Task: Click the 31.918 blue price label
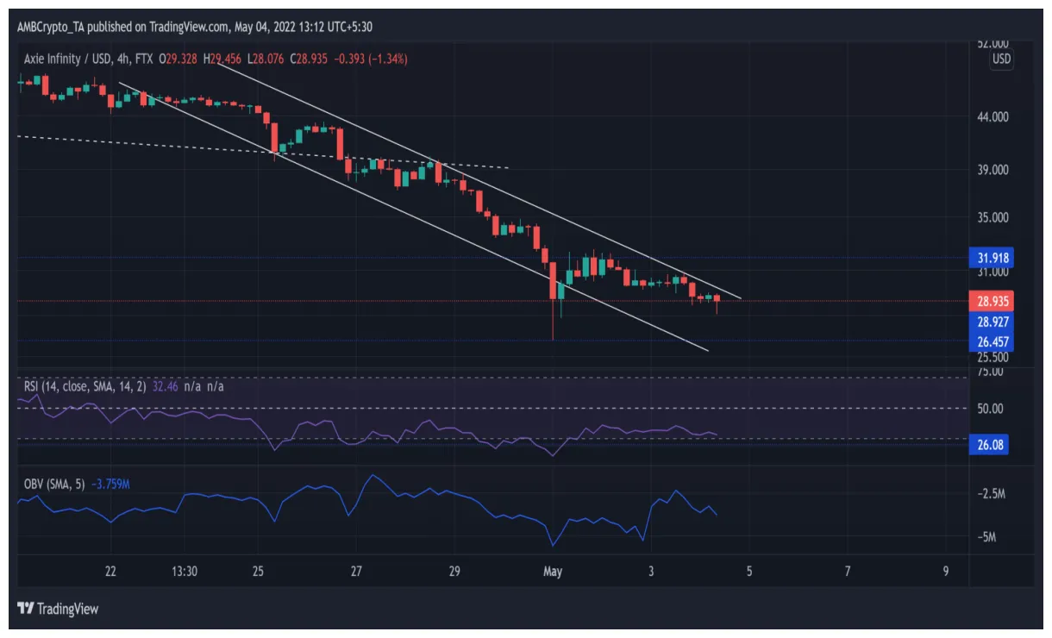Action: tap(993, 257)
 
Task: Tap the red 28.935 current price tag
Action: tap(993, 301)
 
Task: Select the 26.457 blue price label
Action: tap(993, 341)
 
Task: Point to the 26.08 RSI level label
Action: tap(993, 445)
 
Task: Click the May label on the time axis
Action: tap(553, 571)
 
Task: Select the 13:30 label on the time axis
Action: tap(185, 571)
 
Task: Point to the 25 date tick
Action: tap(258, 571)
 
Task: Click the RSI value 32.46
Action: tap(165, 386)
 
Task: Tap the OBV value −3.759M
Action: tap(110, 484)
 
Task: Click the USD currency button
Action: tap(1001, 59)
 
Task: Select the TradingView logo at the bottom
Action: tap(58, 609)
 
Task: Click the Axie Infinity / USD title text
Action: tap(72, 59)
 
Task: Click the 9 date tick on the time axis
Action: tap(946, 571)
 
